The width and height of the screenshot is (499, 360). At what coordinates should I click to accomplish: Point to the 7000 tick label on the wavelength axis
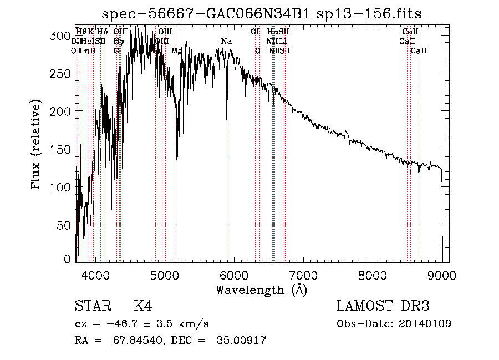[x=303, y=275]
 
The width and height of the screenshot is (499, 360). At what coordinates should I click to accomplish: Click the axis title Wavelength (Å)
[x=261, y=290]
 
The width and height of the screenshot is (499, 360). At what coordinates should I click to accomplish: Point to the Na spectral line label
[x=226, y=42]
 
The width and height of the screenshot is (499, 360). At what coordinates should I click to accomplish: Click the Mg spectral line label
[x=176, y=50]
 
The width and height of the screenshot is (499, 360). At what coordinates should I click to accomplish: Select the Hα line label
[x=272, y=32]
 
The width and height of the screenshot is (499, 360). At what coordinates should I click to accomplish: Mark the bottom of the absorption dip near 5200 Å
[x=177, y=160]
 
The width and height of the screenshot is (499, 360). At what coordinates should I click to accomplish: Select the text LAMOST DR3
[x=383, y=306]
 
